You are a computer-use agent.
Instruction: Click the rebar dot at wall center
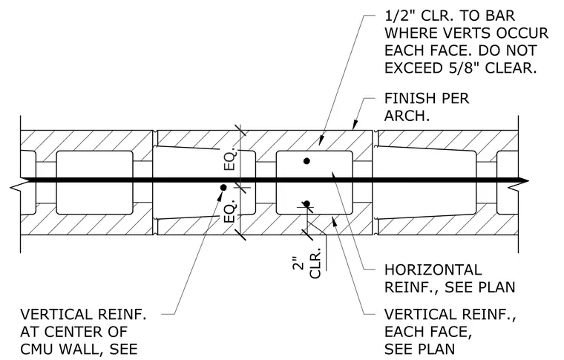point(223,187)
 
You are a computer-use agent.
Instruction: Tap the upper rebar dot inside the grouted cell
point(306,161)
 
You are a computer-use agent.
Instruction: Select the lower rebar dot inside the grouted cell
point(306,204)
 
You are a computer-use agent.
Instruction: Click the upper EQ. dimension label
point(230,159)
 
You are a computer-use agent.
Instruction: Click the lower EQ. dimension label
point(230,211)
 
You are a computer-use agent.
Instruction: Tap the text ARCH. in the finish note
point(407,116)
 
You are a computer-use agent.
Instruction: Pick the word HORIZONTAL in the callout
point(433,269)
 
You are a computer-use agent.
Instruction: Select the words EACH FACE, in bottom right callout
point(428,332)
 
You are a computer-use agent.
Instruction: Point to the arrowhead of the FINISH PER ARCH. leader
point(355,125)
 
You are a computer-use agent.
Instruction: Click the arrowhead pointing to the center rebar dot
point(220,195)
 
